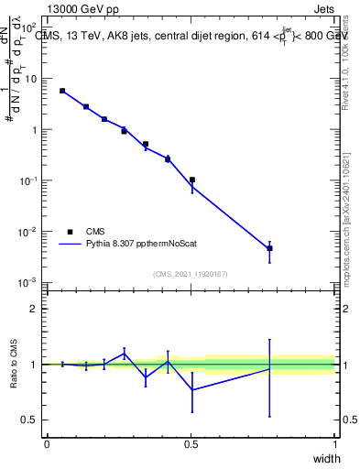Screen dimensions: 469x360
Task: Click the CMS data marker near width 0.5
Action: click(191, 180)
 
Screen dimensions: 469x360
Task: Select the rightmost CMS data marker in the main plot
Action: click(269, 248)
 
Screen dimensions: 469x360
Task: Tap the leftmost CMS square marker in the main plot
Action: click(62, 91)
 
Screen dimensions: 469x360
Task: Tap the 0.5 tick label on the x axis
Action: click(191, 443)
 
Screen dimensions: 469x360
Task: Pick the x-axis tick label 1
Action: click(334, 443)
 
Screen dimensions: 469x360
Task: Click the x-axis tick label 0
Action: click(47, 443)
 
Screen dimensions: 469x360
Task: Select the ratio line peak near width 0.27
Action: click(125, 353)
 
